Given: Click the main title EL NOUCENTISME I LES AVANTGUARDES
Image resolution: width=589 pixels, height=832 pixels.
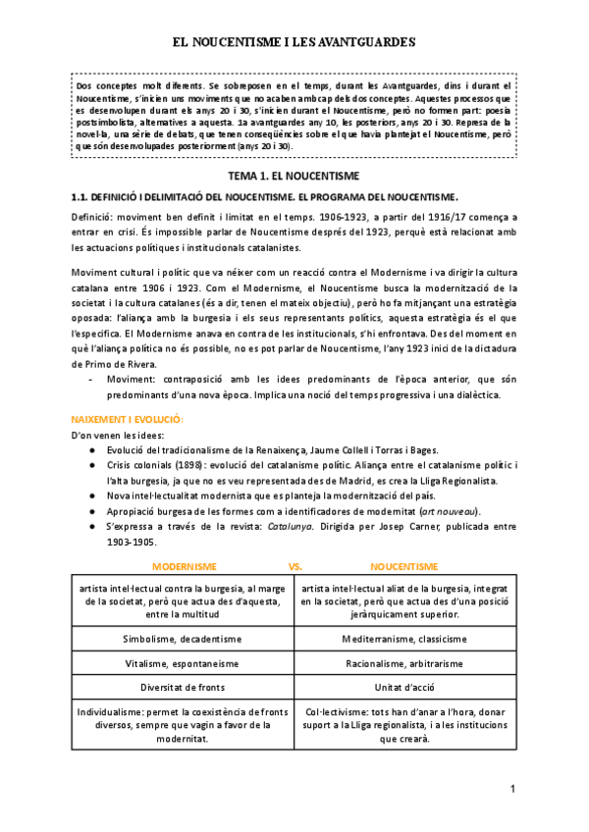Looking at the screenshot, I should click(x=294, y=43).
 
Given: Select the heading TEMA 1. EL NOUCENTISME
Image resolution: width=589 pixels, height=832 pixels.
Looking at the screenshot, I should click(x=294, y=176).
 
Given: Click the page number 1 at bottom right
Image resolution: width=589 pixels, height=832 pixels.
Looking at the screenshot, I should click(x=512, y=789).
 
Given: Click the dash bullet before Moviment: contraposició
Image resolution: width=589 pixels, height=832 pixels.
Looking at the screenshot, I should click(x=90, y=378).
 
